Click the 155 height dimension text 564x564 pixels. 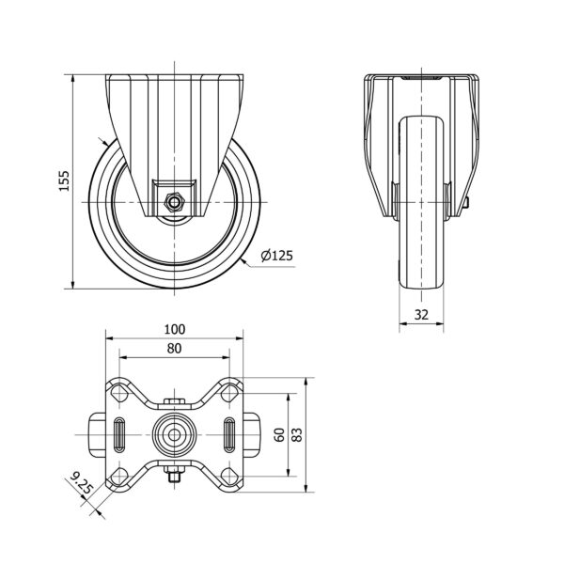coord(64,181)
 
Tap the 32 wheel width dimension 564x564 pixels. coord(422,316)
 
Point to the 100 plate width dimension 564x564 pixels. coord(175,329)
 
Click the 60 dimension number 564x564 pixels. coord(279,434)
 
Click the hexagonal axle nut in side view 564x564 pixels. coord(174,200)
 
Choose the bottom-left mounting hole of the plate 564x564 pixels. coord(119,473)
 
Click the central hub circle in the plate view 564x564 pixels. coord(174,435)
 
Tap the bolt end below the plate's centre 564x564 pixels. coord(174,478)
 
